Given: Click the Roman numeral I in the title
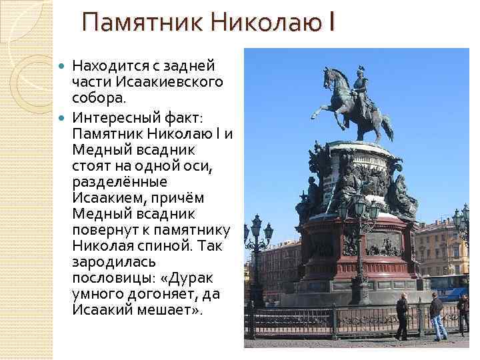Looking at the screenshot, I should [331, 23].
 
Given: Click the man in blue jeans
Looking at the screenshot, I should [437, 316].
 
